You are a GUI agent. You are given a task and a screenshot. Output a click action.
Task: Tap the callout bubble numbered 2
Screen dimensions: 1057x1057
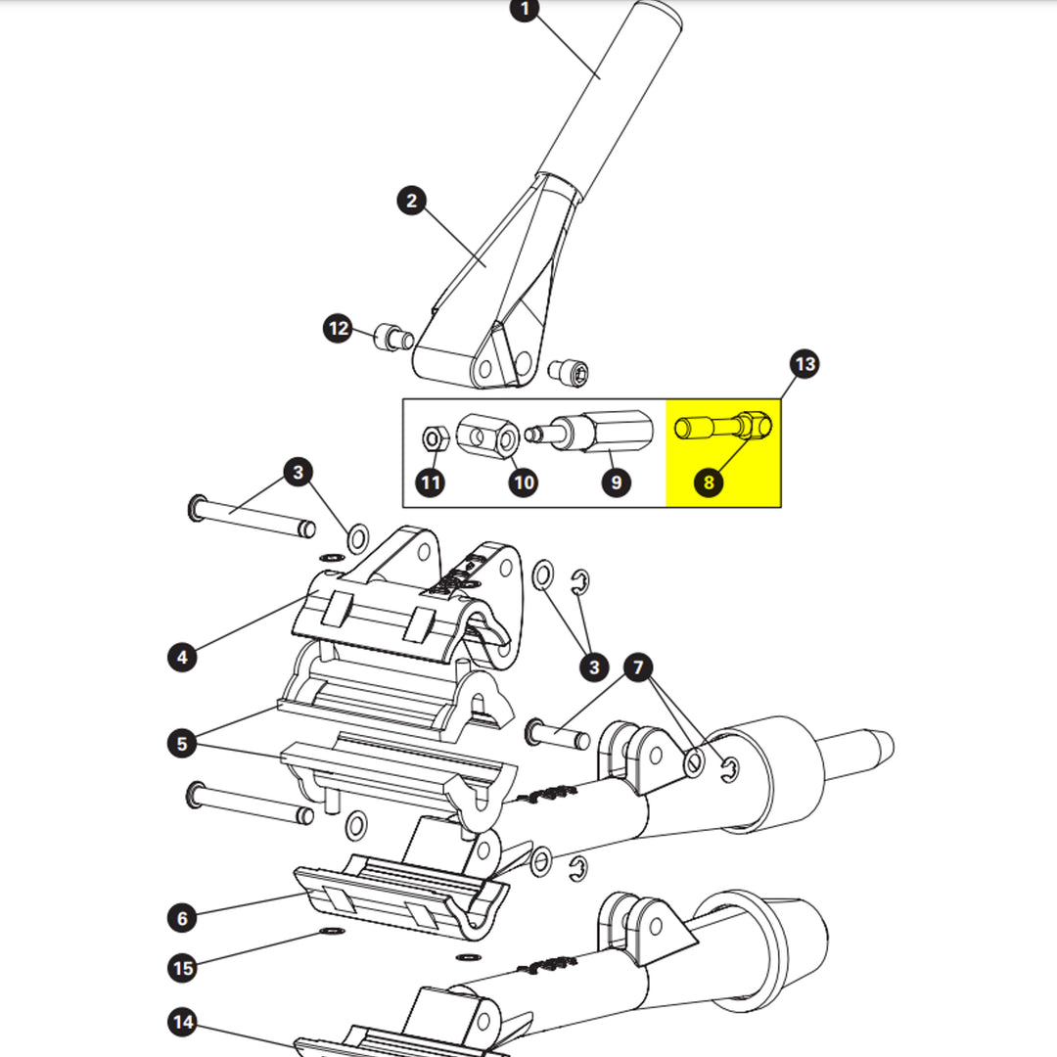point(412,201)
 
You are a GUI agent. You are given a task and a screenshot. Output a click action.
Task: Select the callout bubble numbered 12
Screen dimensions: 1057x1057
point(338,328)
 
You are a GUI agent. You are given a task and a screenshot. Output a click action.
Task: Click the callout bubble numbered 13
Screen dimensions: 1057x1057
point(804,364)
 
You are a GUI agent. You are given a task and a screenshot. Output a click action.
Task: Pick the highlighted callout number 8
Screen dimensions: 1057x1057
point(709,482)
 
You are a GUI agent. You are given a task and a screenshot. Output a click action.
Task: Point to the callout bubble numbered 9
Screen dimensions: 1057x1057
point(617,482)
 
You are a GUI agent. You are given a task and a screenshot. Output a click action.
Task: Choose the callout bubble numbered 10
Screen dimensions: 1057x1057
point(524,482)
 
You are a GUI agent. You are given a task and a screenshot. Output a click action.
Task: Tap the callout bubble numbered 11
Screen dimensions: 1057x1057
point(431,482)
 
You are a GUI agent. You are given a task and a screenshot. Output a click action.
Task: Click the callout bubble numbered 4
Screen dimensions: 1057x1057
point(182,657)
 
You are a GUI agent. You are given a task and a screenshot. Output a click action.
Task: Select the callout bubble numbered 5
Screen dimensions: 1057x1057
point(182,744)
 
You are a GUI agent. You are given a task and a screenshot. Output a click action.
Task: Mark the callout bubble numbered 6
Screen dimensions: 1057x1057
point(182,917)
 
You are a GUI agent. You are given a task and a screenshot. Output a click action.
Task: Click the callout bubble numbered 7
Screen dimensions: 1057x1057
point(638,667)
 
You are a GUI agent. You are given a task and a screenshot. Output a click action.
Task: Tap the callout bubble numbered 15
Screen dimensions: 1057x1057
point(182,968)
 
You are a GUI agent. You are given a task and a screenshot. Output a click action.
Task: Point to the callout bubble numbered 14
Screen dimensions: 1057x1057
point(182,1022)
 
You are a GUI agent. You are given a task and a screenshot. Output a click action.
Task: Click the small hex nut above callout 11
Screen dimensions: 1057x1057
point(435,438)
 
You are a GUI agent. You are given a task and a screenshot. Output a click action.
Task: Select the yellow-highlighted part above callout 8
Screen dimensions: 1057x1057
point(723,426)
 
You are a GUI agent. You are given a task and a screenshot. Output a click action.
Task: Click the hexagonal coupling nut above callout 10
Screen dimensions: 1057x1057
point(488,437)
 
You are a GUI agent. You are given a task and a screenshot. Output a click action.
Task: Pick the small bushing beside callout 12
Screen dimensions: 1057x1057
point(393,337)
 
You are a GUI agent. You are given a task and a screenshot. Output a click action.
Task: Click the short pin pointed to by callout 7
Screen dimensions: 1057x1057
point(558,734)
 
